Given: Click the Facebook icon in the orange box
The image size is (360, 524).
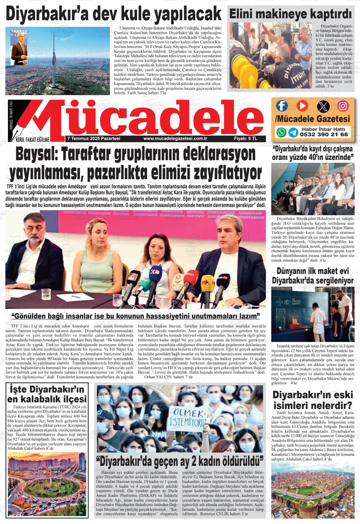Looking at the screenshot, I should click(x=282, y=106).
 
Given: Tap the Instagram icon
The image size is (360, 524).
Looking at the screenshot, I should click(x=343, y=106).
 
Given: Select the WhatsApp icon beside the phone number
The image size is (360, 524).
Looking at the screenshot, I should click(x=281, y=132).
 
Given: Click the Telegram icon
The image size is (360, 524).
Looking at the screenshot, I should click(x=293, y=132).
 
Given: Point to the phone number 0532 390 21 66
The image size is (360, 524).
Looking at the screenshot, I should click(x=324, y=134).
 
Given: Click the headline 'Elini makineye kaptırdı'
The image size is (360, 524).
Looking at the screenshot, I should click(x=290, y=14).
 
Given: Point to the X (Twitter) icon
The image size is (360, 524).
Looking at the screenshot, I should click(x=323, y=106).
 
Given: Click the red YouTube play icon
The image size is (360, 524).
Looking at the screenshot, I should click(x=302, y=106).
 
